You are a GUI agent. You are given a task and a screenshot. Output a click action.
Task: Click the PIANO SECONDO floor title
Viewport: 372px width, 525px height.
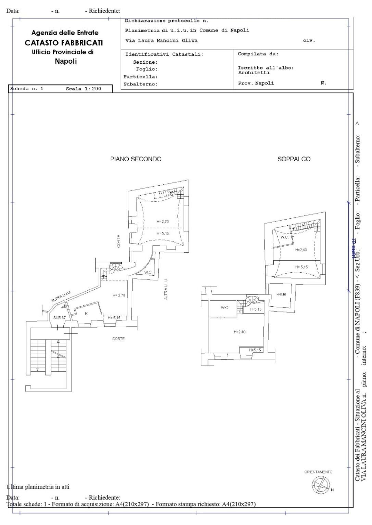(136, 159)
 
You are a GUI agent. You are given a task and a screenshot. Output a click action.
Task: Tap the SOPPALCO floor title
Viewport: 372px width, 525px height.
(294, 159)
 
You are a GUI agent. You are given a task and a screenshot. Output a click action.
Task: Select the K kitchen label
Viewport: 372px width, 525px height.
(86, 313)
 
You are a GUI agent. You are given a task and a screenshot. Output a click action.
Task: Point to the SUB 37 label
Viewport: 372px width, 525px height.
(59, 318)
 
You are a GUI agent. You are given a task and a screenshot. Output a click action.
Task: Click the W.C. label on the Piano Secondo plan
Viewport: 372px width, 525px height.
(148, 273)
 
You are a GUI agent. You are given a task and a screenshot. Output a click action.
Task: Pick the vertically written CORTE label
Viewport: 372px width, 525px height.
(119, 241)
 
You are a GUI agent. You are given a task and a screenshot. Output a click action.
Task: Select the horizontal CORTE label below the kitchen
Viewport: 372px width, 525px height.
(119, 339)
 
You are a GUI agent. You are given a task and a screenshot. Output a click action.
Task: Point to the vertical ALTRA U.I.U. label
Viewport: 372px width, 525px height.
(166, 289)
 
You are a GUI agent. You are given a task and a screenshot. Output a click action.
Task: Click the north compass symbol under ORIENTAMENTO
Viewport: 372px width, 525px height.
(318, 484)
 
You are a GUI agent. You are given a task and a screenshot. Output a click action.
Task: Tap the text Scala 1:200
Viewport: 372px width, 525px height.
(83, 89)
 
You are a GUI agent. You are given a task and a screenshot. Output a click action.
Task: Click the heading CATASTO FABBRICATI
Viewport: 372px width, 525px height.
(64, 43)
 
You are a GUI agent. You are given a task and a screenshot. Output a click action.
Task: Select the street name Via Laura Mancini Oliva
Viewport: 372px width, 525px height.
(161, 41)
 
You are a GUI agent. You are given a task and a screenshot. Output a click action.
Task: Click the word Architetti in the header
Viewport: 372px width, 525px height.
(254, 73)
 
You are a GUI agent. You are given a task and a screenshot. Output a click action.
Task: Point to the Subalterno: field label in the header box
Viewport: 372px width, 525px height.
(140, 84)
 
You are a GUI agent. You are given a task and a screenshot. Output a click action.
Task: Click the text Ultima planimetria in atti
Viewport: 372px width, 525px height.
(38, 486)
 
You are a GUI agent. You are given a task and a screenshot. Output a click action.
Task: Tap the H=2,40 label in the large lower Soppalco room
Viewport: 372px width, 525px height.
(239, 332)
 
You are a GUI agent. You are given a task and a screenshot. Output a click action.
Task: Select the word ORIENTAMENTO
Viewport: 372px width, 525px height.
(318, 472)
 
